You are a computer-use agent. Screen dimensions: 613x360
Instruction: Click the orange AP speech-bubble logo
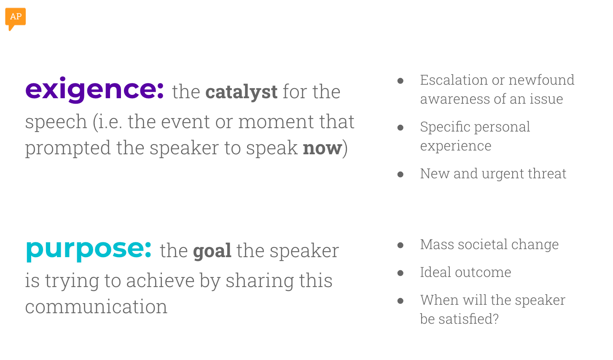click(15, 18)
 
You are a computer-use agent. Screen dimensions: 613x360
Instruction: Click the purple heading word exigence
click(94, 90)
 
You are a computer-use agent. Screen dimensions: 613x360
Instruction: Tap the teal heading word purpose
click(89, 249)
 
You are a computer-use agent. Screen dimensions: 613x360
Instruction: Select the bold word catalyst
click(241, 92)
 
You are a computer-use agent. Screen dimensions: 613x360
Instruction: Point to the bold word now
click(323, 148)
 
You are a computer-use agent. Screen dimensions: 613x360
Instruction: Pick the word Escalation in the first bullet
click(453, 80)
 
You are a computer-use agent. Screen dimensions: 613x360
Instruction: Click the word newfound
click(541, 80)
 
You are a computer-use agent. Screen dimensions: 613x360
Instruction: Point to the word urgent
click(503, 174)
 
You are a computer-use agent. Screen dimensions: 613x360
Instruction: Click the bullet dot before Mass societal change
click(401, 245)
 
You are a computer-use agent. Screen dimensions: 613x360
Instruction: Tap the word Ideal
click(435, 272)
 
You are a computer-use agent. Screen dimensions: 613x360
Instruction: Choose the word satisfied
click(468, 319)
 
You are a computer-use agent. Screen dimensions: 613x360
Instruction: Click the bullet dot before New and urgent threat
click(401, 174)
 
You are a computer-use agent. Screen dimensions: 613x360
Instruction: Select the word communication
click(96, 307)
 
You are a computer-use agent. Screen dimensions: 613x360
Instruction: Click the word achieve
click(160, 281)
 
